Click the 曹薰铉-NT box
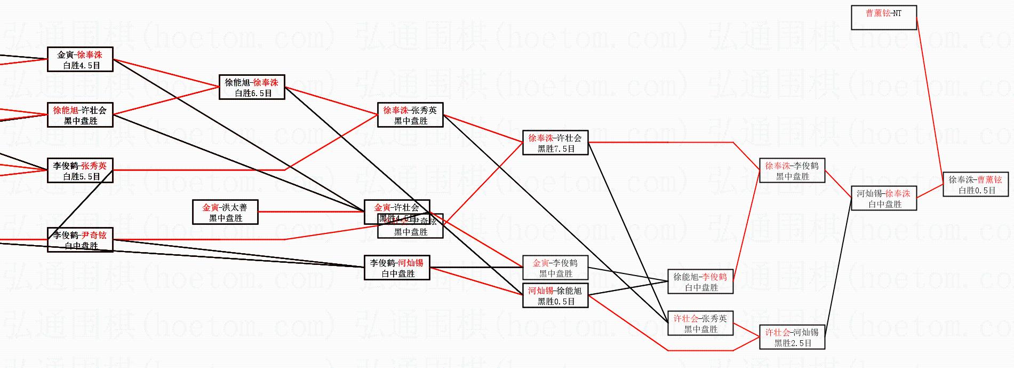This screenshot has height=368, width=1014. (883, 18)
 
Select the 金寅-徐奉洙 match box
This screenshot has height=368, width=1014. (80, 59)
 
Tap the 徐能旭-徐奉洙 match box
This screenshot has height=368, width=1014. (252, 87)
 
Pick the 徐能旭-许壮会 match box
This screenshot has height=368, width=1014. (80, 115)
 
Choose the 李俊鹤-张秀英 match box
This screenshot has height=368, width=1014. (80, 170)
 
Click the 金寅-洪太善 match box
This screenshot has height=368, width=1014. (225, 212)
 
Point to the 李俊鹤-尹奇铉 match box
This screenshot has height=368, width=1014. (80, 240)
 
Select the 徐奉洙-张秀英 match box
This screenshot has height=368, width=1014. (410, 115)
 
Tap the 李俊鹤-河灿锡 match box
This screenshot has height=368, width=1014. (397, 268)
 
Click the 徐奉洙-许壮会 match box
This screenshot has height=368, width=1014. (555, 143)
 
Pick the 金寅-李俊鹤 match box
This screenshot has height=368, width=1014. (555, 268)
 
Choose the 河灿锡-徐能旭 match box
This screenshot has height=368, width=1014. (555, 295)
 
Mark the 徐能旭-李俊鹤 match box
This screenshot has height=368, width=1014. (700, 281)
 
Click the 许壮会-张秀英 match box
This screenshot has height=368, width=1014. (700, 323)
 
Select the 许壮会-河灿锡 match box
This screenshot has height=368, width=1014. (792, 337)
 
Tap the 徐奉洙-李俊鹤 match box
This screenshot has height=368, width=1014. (792, 170)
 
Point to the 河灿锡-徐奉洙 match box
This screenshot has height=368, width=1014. (883, 198)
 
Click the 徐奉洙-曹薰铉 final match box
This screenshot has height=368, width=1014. (975, 184)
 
